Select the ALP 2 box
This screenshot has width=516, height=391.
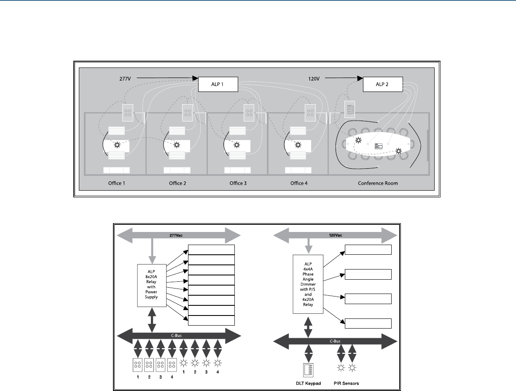click(383, 84)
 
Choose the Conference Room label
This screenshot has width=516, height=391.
click(378, 183)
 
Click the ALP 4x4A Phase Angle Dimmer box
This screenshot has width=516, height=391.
click(308, 283)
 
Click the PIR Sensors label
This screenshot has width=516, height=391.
click(347, 383)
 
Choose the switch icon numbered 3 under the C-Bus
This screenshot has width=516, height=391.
click(161, 364)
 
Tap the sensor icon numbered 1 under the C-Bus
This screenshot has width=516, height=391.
click(183, 364)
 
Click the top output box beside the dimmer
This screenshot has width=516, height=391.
click(368, 250)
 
